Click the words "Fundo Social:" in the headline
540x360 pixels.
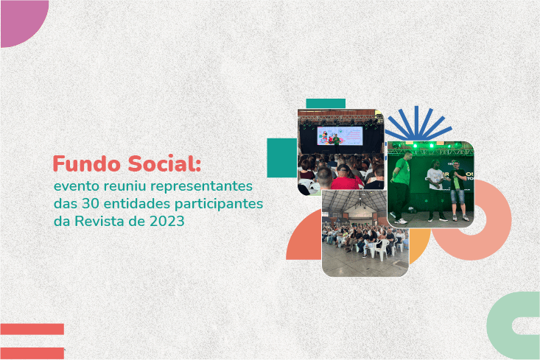(126, 163)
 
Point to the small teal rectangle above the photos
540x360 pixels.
(325, 103)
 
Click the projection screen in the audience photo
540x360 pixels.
(340, 135)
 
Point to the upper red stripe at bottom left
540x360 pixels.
(32, 329)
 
